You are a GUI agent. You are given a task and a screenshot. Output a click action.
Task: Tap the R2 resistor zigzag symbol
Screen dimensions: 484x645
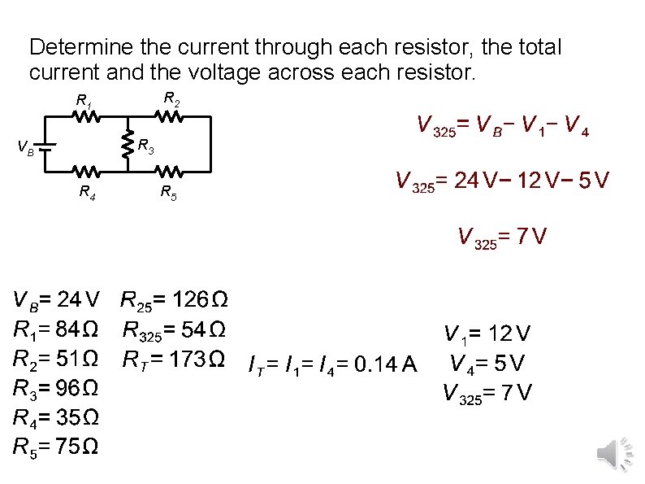click(170, 117)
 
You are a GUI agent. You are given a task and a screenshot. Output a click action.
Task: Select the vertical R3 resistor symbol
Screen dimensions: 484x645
click(128, 145)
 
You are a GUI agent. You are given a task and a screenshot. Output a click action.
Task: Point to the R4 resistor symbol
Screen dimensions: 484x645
click(88, 172)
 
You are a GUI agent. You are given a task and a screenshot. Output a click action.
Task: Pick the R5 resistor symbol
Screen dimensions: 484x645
click(170, 172)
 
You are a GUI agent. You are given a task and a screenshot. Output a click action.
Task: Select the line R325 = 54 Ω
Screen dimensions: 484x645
click(174, 330)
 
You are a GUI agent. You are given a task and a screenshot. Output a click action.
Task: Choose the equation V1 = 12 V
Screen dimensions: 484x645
click(487, 334)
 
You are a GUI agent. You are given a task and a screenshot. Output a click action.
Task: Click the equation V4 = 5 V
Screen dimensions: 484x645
click(487, 363)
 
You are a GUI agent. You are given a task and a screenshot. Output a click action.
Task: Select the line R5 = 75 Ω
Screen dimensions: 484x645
click(56, 446)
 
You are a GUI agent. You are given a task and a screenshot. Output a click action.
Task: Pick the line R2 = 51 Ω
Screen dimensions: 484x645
click(56, 358)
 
